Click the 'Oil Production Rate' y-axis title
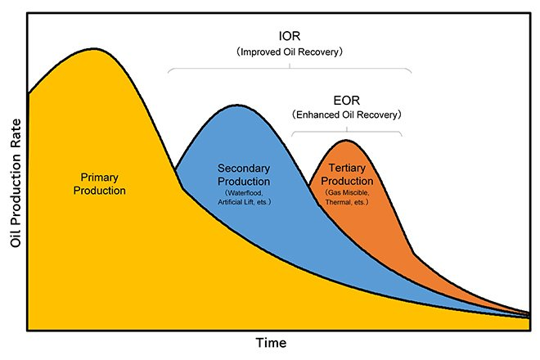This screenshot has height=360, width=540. [13, 181]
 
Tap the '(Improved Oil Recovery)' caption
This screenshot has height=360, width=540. [289, 52]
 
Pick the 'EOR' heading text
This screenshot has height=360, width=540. [346, 101]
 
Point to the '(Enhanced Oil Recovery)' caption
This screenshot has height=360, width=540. [346, 116]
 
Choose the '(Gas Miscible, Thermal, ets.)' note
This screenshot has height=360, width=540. [347, 196]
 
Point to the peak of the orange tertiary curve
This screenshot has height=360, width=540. [347, 141]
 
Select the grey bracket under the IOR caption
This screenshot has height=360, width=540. [289, 67]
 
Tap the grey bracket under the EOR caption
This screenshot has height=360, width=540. [347, 129]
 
